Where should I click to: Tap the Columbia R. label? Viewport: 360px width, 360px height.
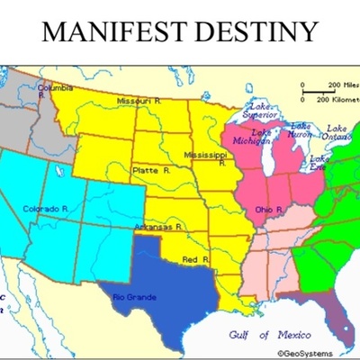pyautogui.click(x=54, y=88)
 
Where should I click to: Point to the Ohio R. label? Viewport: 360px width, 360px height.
pyautogui.click(x=267, y=209)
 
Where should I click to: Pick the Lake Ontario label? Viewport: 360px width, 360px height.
pyautogui.click(x=337, y=133)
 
